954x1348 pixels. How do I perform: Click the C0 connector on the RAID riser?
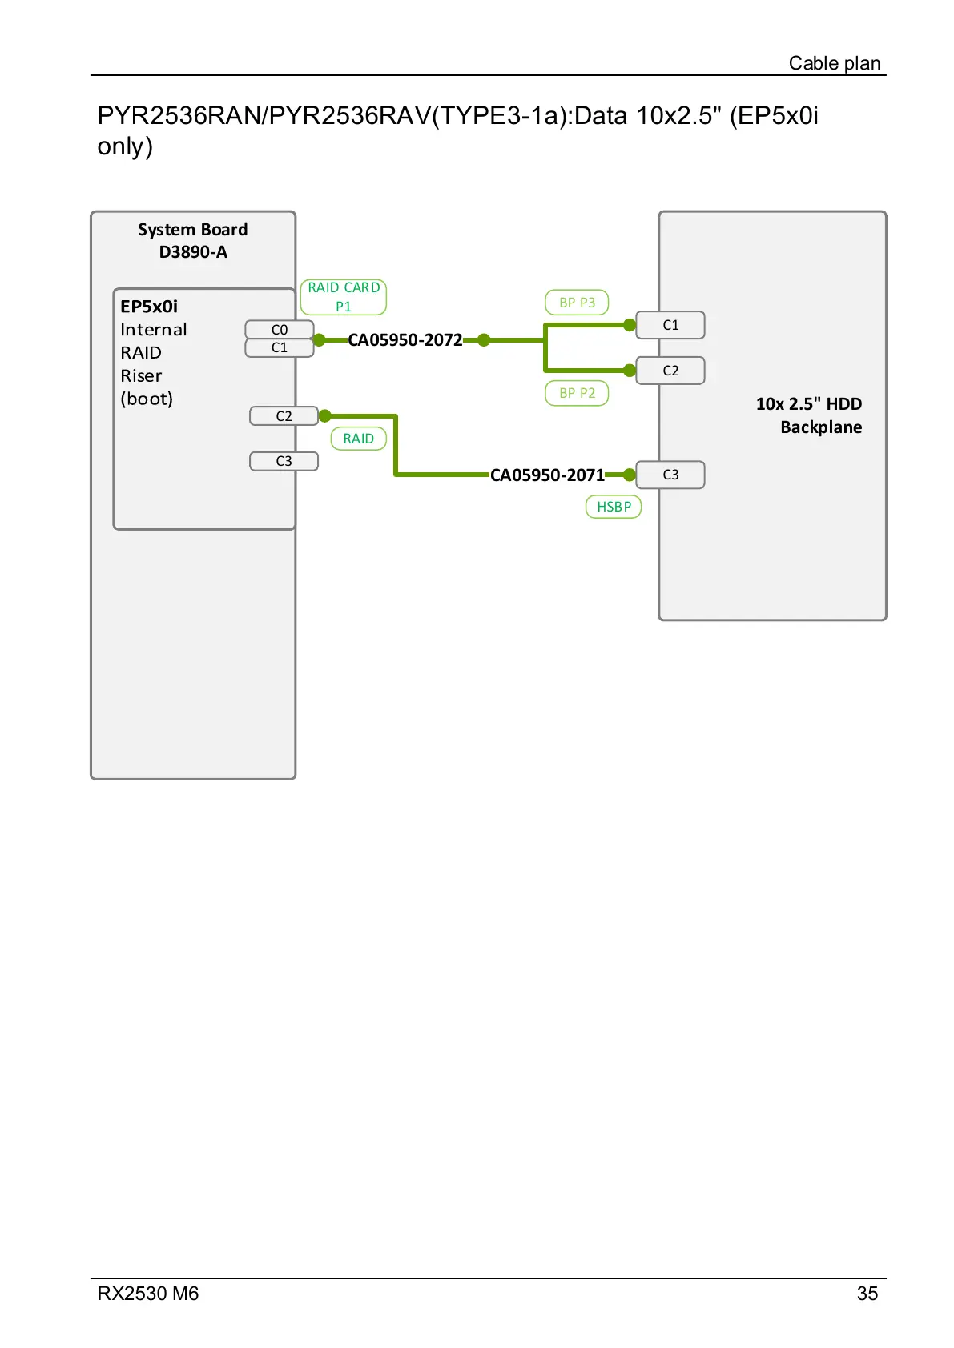pyautogui.click(x=279, y=330)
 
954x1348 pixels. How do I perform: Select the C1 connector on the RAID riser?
pyautogui.click(x=279, y=348)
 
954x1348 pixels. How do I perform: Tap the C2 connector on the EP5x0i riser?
pyautogui.click(x=284, y=416)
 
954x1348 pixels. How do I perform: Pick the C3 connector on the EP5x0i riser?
pyautogui.click(x=284, y=461)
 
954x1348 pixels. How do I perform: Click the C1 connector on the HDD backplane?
pyautogui.click(x=670, y=325)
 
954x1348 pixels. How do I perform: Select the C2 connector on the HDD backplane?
pyautogui.click(x=670, y=371)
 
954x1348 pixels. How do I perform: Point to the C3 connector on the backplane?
pyautogui.click(x=670, y=475)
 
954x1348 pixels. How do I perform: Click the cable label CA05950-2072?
pyautogui.click(x=405, y=340)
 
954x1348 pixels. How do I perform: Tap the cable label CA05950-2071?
pyautogui.click(x=547, y=475)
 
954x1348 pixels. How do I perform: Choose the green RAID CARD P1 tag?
pyautogui.click(x=344, y=297)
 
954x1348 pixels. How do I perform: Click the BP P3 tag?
pyautogui.click(x=577, y=303)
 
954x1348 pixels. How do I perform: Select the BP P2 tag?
pyautogui.click(x=577, y=393)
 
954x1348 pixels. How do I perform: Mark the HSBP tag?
pyautogui.click(x=614, y=507)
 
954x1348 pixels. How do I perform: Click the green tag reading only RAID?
pyautogui.click(x=358, y=439)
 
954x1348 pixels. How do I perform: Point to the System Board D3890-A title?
pyautogui.click(x=193, y=240)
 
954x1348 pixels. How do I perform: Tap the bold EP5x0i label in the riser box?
pyautogui.click(x=149, y=307)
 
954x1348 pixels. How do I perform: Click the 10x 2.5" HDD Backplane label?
pyautogui.click(x=809, y=415)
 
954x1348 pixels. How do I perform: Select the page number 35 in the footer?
pyautogui.click(x=867, y=1294)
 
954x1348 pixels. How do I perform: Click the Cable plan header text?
pyautogui.click(x=834, y=63)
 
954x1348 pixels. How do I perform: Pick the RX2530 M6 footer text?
pyautogui.click(x=148, y=1294)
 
